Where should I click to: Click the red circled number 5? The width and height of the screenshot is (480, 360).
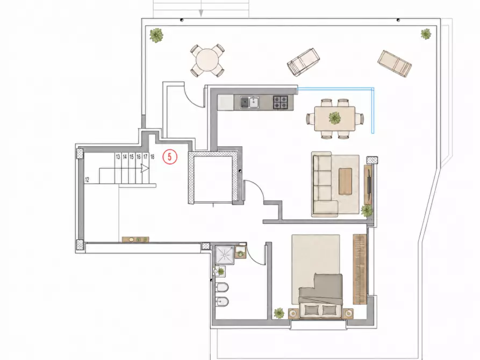170,157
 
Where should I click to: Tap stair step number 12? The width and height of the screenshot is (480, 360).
87,179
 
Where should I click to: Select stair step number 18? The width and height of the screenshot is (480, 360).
152,157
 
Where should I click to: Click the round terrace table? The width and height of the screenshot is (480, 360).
207,60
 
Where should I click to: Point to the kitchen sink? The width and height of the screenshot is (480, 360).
250,102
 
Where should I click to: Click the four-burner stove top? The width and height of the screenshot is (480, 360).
281,102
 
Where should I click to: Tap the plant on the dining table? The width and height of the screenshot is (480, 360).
334,118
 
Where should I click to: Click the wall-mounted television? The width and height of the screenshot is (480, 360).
370,182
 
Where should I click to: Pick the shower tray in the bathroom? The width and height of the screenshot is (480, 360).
225,255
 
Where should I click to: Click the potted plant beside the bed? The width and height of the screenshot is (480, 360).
279,313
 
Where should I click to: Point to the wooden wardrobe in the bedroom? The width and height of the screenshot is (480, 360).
360,269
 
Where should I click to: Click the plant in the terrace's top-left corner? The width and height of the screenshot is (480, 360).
156,35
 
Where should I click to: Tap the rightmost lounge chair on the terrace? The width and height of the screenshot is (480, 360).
395,63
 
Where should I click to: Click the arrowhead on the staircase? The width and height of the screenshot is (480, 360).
145,168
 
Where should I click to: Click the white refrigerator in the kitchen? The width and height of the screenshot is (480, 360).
226,102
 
